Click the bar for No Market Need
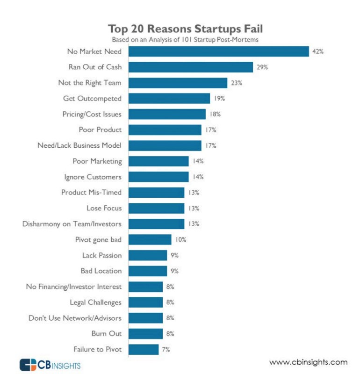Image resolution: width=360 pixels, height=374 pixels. tap(218, 51)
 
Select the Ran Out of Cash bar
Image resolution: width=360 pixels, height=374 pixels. tap(190, 67)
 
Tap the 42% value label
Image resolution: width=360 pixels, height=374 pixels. tap(318, 51)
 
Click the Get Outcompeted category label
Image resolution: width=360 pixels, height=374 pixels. tap(92, 99)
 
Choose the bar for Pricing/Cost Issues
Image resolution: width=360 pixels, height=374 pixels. tap(167, 114)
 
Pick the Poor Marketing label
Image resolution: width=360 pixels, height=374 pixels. tap(97, 161)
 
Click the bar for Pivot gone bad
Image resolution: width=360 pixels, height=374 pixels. tap(150, 240)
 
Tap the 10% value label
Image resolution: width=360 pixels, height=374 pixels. tap(181, 240)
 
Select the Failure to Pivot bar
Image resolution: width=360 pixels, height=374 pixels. tap(143, 349)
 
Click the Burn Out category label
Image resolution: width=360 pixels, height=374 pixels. tap(107, 334)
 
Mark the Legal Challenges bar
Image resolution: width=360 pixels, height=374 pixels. tap(145, 302)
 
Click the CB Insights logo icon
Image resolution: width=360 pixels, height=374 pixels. tap(28, 364)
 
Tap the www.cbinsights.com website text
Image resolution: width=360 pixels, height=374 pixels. tap(308, 362)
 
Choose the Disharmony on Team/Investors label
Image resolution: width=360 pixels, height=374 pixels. tap(72, 224)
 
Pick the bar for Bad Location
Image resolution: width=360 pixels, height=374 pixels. tap(147, 271)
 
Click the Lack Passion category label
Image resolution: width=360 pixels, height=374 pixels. tap(95, 255)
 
